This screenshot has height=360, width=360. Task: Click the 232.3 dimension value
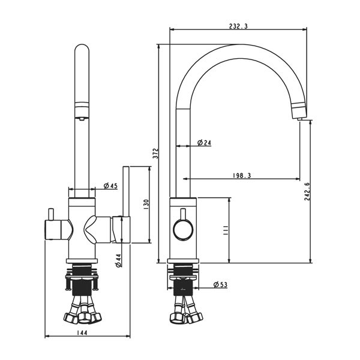pos(238,26)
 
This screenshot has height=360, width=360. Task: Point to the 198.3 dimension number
pos(241,175)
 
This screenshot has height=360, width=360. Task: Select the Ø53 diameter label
pos(220,284)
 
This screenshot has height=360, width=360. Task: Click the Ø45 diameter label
pos(110,185)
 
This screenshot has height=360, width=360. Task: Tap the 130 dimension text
pos(145,204)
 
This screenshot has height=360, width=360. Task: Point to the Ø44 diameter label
pos(118,259)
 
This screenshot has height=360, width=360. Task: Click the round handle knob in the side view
pos(182,229)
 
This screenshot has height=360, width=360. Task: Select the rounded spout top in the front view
pos(82,51)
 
